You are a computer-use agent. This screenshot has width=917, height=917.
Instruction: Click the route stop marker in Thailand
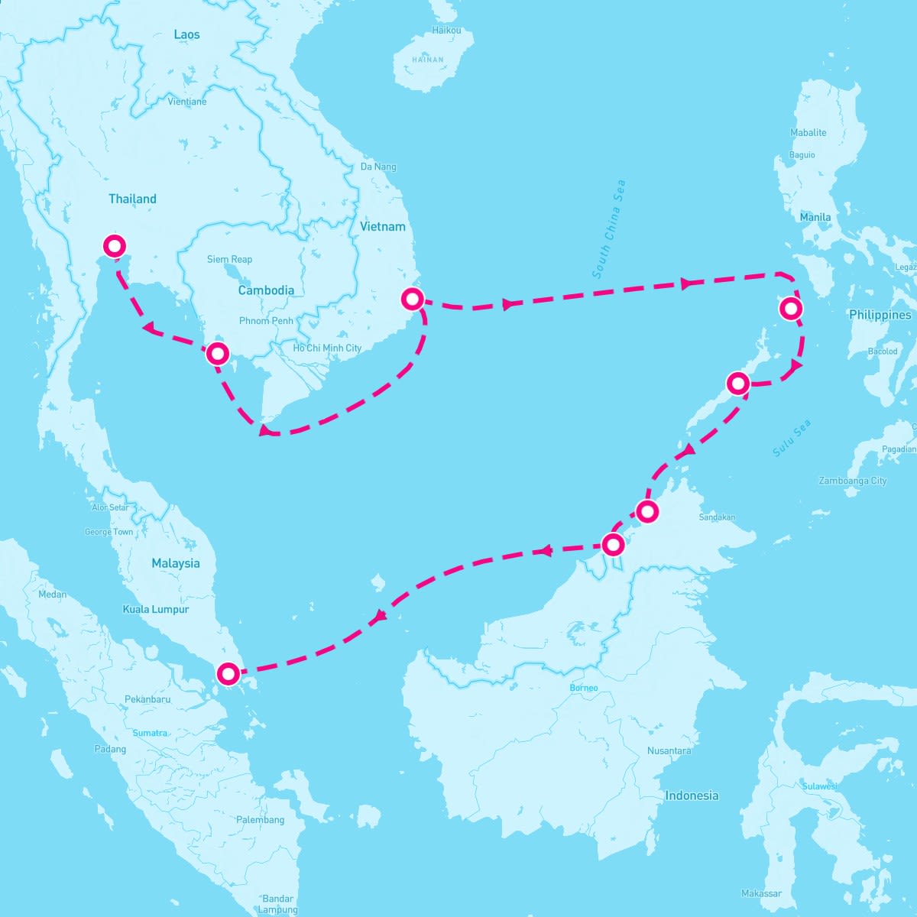coord(114,246)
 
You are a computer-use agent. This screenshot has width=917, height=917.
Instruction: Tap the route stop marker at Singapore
coord(228,673)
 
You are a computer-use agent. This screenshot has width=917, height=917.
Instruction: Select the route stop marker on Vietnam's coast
coord(413,299)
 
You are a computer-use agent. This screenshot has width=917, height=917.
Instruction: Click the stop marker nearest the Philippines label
coord(791,309)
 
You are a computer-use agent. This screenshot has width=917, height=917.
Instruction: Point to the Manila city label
coord(815,217)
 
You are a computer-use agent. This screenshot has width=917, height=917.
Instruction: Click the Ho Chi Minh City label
coord(327,348)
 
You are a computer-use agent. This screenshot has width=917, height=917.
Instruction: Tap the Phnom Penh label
coord(266,321)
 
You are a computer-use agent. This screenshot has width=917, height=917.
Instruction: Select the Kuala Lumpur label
coord(156,610)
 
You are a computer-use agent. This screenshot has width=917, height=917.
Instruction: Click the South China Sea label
coord(609,228)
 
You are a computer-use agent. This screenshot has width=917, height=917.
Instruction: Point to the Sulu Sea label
coord(791,439)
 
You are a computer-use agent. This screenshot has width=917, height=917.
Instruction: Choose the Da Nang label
coord(378,167)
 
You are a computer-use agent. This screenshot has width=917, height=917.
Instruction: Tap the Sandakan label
coord(717,517)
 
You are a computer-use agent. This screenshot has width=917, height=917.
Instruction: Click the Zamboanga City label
coord(852,481)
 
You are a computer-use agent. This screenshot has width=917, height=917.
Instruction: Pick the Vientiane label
coord(186,102)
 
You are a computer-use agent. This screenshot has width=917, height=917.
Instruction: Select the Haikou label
coord(447,31)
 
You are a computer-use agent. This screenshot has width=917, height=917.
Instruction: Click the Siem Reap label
coord(229,260)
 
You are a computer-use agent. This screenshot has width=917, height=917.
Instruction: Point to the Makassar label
coord(761,893)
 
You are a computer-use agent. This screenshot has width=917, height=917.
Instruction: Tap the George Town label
coord(109,532)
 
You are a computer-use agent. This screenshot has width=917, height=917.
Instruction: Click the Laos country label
coord(186,34)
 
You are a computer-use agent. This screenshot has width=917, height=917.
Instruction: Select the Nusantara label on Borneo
coord(669,750)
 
